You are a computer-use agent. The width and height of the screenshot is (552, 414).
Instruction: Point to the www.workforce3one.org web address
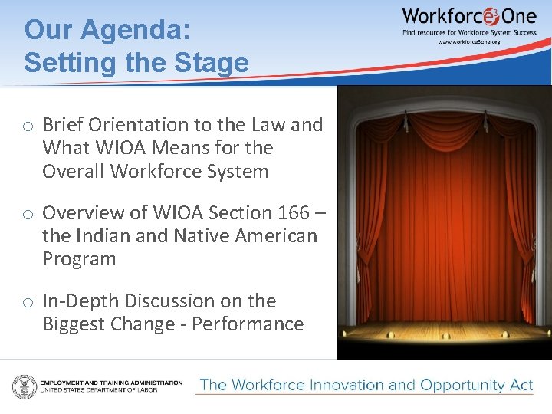click(x=468, y=41)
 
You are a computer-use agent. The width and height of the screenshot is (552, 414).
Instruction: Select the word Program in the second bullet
click(x=79, y=258)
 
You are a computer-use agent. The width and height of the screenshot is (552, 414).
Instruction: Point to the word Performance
click(x=248, y=324)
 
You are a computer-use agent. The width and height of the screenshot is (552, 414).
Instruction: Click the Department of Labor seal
click(x=24, y=386)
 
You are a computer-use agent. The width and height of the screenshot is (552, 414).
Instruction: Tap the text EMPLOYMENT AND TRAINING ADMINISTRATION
click(x=111, y=382)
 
